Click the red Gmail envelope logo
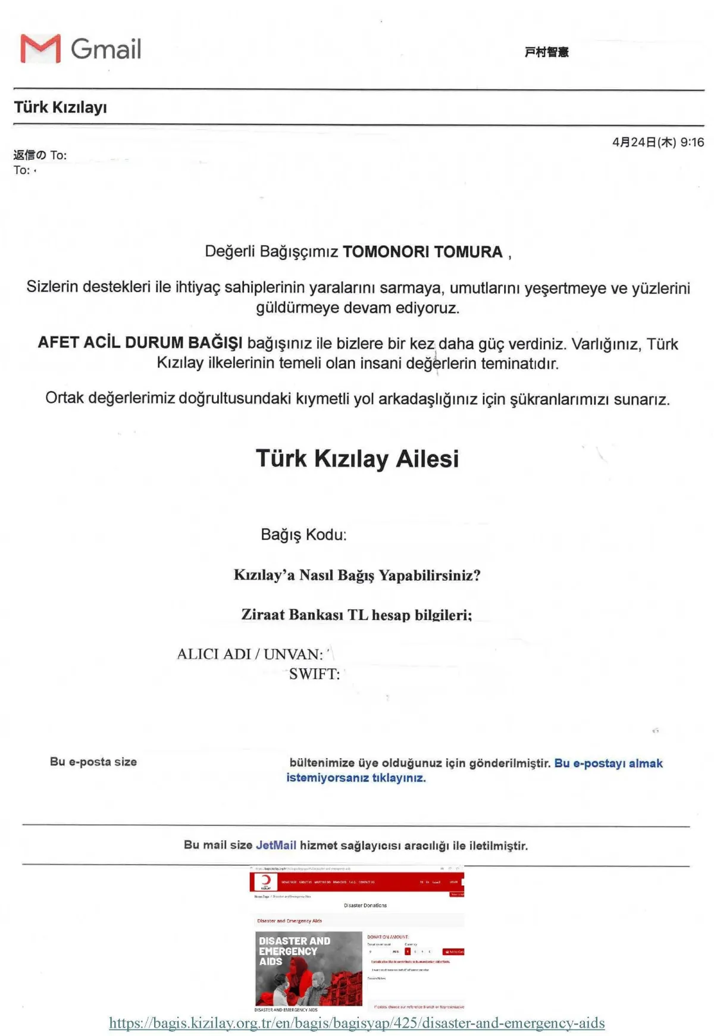click(40, 49)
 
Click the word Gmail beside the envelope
click(106, 49)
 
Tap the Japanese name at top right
click(546, 52)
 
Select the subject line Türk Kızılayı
click(60, 108)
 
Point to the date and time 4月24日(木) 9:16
click(657, 142)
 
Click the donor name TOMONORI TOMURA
click(422, 252)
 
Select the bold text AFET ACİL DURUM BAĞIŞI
click(140, 343)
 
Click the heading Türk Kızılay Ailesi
click(357, 459)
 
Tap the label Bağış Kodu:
click(303, 534)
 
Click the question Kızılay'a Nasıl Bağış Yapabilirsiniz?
click(357, 575)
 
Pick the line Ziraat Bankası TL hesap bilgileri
click(356, 615)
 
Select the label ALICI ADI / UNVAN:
click(250, 654)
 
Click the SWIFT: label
click(314, 674)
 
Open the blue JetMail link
click(275, 846)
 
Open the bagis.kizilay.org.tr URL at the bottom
click(357, 1023)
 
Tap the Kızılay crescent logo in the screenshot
click(265, 881)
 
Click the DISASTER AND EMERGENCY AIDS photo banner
click(308, 968)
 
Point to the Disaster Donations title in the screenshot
click(365, 906)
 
